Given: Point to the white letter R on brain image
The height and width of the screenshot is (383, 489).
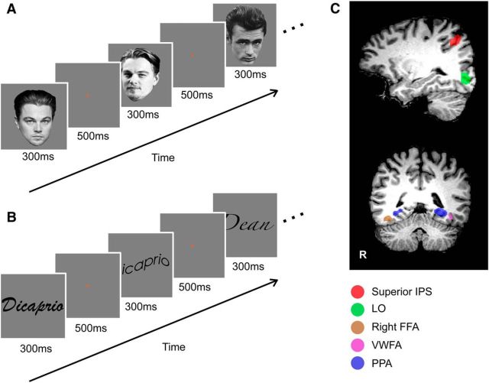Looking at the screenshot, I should point(364,251).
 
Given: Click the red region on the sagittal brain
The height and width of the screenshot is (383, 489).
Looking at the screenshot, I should point(456,40).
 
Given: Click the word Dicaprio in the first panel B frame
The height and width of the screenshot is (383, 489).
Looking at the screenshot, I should point(31,305).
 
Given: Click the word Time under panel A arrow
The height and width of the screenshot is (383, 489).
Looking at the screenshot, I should point(163,158).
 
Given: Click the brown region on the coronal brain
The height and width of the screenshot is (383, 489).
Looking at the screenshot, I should point(389,219).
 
